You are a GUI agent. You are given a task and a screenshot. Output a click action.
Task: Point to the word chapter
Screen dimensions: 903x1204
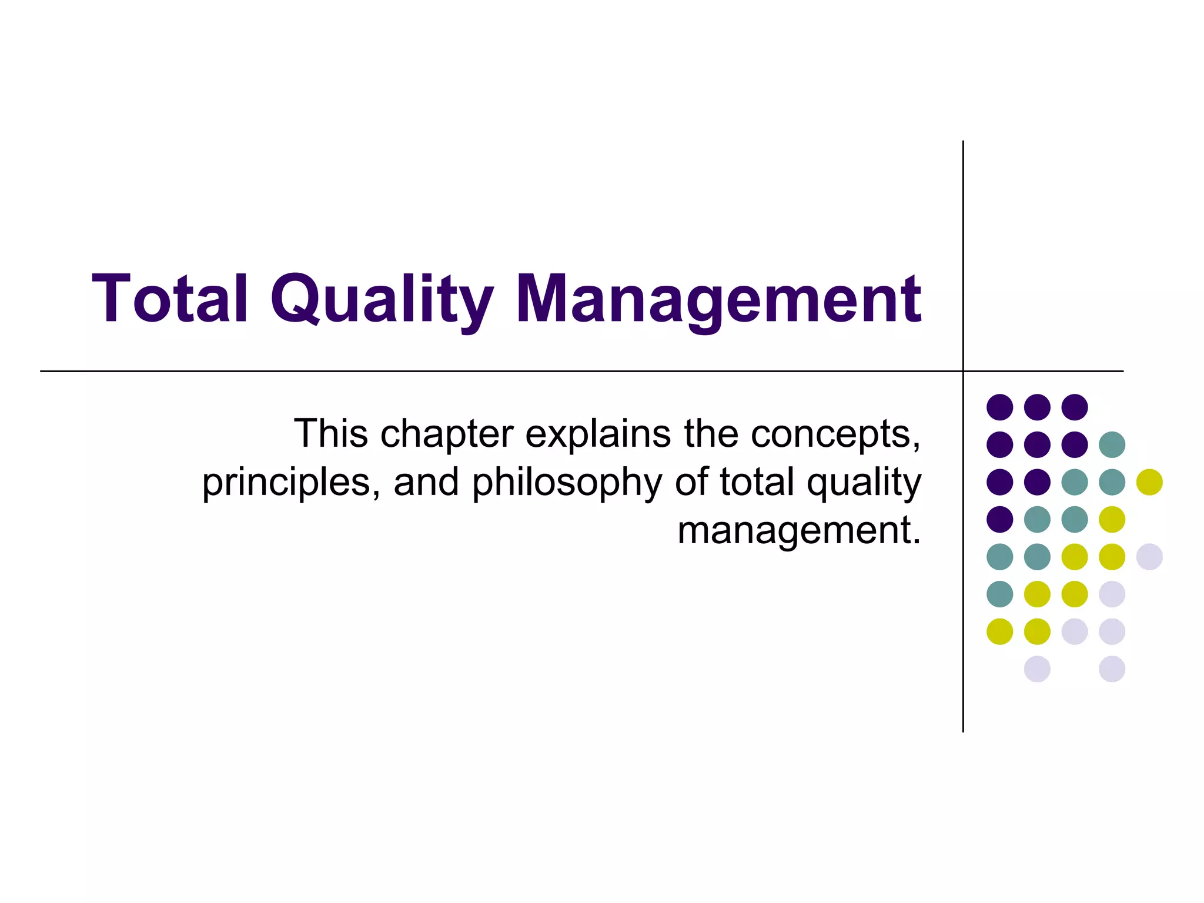pos(447,433)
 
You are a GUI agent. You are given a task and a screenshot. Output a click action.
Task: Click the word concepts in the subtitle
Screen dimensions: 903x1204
pos(835,434)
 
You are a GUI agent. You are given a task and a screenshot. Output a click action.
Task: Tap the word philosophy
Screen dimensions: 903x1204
pos(567,483)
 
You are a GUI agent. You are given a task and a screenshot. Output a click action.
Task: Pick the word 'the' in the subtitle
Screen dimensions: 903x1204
pos(711,433)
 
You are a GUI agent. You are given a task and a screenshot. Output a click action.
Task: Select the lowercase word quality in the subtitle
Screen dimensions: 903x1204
pos(864,483)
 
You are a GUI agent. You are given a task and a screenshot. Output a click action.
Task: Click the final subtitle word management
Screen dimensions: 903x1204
pos(798,531)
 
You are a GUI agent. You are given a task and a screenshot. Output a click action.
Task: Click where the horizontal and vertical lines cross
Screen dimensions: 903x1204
pos(963,371)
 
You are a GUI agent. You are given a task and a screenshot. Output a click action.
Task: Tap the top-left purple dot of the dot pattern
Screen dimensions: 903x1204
pos(999,407)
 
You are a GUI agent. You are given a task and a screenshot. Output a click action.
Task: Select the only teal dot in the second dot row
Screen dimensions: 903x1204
pos(1112,444)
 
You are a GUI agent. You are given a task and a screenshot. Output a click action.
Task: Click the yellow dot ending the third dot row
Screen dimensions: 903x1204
pos(1149,482)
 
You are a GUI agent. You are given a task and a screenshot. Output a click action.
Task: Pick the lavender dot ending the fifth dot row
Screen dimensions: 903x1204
pos(1149,557)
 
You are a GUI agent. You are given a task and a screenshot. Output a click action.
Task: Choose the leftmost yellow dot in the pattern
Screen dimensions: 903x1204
pos(999,631)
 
